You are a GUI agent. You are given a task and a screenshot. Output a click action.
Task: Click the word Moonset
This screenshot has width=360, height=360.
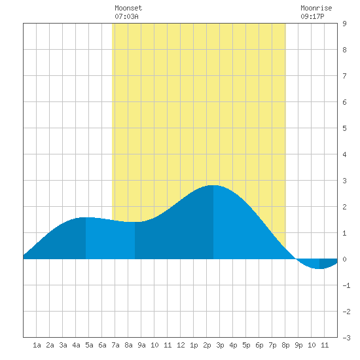[128, 8]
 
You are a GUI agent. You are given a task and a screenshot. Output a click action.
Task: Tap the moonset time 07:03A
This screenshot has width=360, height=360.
[126, 16]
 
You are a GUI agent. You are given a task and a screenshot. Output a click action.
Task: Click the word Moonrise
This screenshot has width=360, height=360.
[316, 8]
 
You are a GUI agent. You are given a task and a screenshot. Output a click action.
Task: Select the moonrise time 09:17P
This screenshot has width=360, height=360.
[312, 16]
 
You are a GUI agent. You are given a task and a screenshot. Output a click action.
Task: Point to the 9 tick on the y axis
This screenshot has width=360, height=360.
[344, 24]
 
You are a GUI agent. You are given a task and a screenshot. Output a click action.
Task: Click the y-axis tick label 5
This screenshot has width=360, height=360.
[344, 128]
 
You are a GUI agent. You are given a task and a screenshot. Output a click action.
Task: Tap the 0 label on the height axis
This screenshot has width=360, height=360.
[344, 259]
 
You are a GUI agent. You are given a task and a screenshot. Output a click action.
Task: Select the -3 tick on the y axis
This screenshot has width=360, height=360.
[346, 338]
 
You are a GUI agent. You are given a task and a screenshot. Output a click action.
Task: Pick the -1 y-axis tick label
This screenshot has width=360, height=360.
[346, 285]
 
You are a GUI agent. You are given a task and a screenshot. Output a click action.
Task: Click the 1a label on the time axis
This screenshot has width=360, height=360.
[37, 345]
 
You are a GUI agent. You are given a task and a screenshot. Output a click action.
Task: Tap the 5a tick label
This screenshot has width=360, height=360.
[89, 345]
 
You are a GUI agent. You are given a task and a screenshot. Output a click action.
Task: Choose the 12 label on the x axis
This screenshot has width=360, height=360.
[181, 345]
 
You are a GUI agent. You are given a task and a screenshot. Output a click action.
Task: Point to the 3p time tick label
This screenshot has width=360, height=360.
[220, 345]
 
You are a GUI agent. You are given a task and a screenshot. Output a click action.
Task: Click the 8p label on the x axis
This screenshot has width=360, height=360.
[285, 345]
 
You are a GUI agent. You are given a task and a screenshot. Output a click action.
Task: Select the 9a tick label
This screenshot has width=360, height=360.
[141, 345]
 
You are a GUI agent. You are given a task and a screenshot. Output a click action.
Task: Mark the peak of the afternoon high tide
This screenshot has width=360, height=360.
[213, 185]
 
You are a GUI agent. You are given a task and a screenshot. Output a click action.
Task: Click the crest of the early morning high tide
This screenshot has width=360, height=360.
[86, 217]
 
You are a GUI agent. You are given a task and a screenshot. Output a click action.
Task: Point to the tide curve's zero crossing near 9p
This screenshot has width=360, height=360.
[296, 259]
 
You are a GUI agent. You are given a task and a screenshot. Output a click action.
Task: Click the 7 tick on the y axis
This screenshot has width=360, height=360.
[344, 76]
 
